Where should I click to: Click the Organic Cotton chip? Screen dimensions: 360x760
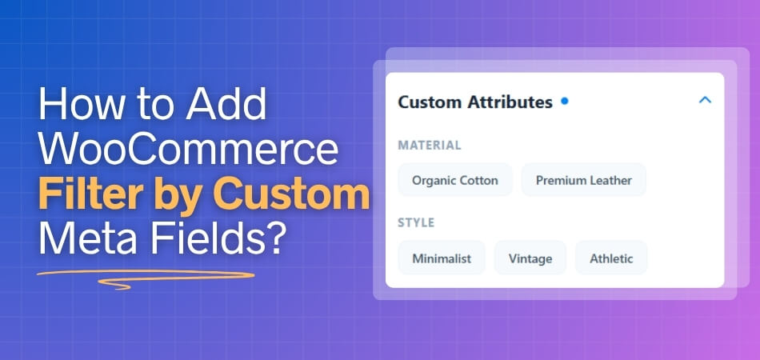pyautogui.click(x=454, y=180)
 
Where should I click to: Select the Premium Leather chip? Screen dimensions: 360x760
pyautogui.click(x=583, y=180)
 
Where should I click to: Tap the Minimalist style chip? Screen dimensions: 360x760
pyautogui.click(x=442, y=258)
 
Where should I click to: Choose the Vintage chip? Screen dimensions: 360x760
pyautogui.click(x=530, y=258)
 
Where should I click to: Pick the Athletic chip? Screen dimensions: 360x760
pyautogui.click(x=611, y=258)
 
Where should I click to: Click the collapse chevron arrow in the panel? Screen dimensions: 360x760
pyautogui.click(x=705, y=101)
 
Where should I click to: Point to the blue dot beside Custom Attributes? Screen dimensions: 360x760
pyautogui.click(x=565, y=102)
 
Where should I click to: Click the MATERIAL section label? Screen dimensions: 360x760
pyautogui.click(x=430, y=146)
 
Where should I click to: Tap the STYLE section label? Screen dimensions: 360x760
pyautogui.click(x=416, y=222)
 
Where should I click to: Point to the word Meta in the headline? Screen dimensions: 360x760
pyautogui.click(x=83, y=238)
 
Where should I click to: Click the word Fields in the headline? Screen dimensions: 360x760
pyautogui.click(x=201, y=238)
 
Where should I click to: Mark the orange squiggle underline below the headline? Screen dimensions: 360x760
pyautogui.click(x=144, y=278)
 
